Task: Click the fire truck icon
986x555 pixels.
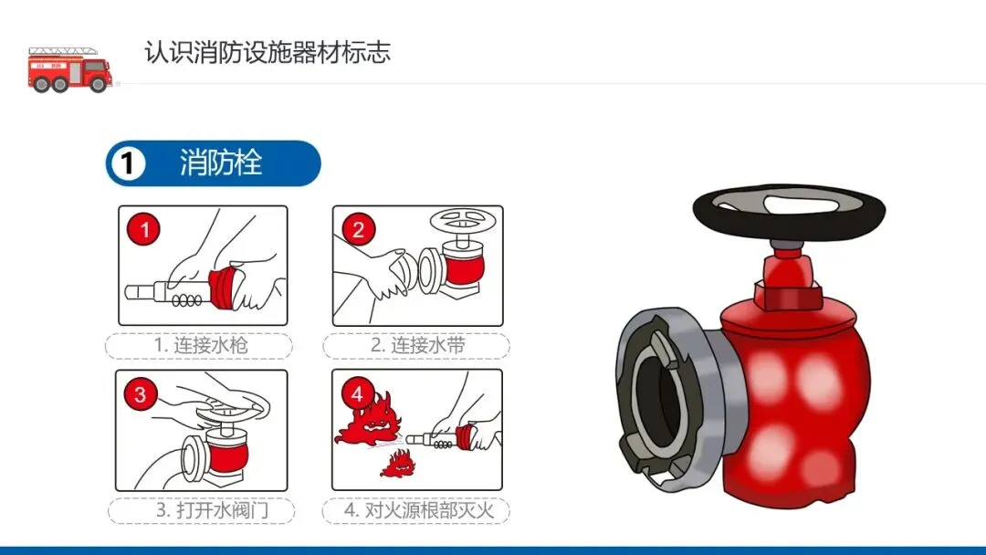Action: [x=70, y=69]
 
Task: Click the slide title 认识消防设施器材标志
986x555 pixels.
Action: [x=267, y=52]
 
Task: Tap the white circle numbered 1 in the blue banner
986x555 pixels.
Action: [x=128, y=163]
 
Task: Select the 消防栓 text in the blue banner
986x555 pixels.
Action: [x=221, y=162]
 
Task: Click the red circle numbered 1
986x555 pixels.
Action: [x=144, y=229]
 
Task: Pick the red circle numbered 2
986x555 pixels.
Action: [x=359, y=229]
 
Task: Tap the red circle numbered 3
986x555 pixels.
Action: [x=141, y=394]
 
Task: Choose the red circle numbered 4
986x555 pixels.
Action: [x=357, y=394]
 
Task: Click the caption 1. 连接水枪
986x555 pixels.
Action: [x=201, y=345]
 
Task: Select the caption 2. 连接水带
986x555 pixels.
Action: [x=417, y=345]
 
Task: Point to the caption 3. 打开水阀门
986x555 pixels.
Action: [x=213, y=509]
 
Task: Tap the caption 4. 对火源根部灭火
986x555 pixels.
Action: [x=419, y=509]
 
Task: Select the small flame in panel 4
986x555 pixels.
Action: [x=398, y=465]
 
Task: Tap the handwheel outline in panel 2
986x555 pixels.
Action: [x=463, y=220]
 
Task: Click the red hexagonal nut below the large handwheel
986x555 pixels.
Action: [x=789, y=295]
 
